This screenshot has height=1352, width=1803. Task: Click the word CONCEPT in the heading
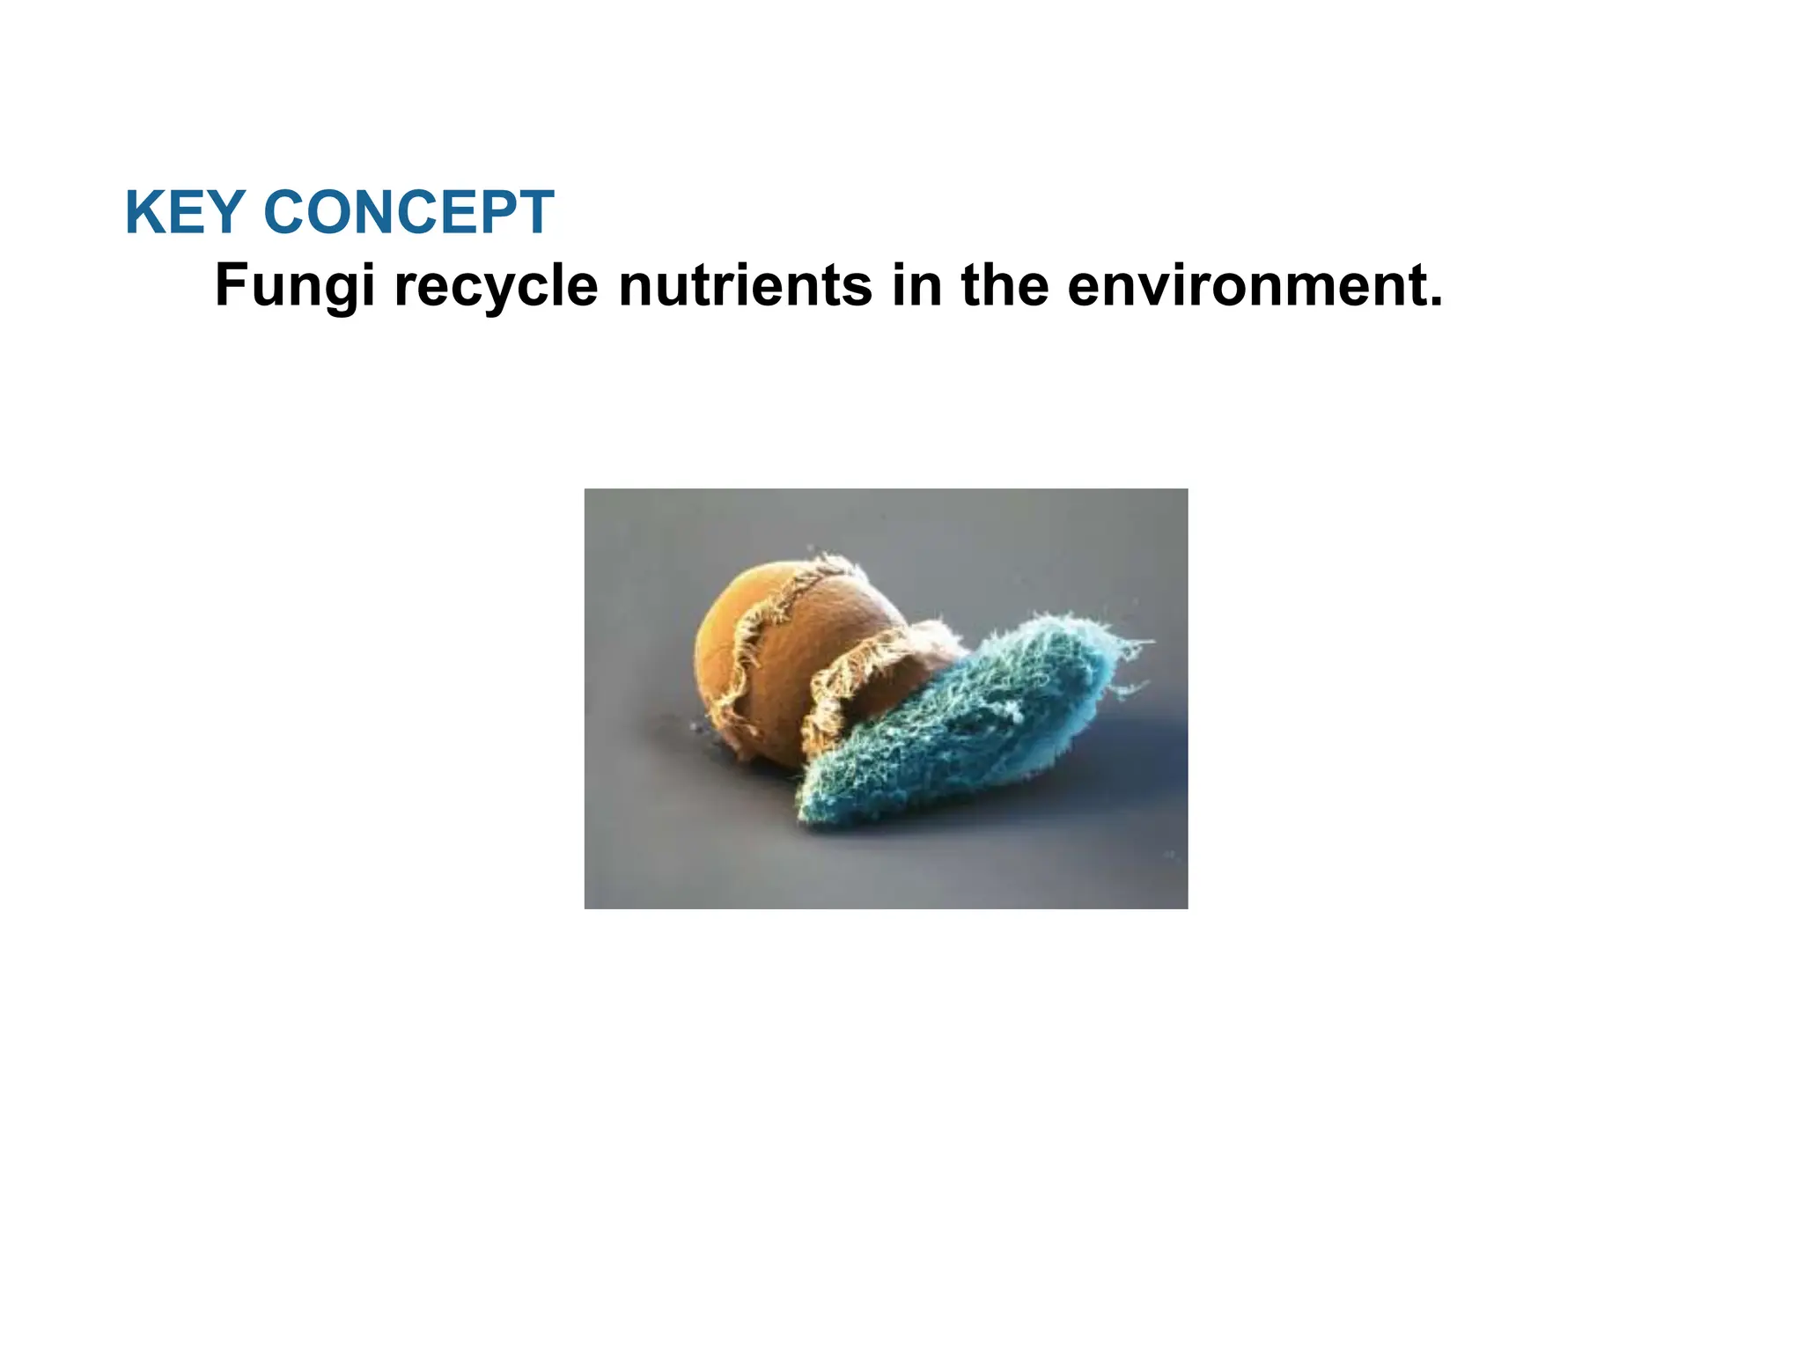click(408, 213)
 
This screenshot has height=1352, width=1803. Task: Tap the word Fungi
click(295, 286)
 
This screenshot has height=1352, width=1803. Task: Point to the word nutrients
click(746, 286)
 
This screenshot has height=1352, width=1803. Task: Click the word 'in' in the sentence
click(916, 286)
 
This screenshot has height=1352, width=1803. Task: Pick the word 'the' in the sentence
click(1005, 286)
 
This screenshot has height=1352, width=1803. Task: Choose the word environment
click(1244, 286)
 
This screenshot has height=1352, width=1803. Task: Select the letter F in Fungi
click(232, 286)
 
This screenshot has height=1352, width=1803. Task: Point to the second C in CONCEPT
click(415, 213)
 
